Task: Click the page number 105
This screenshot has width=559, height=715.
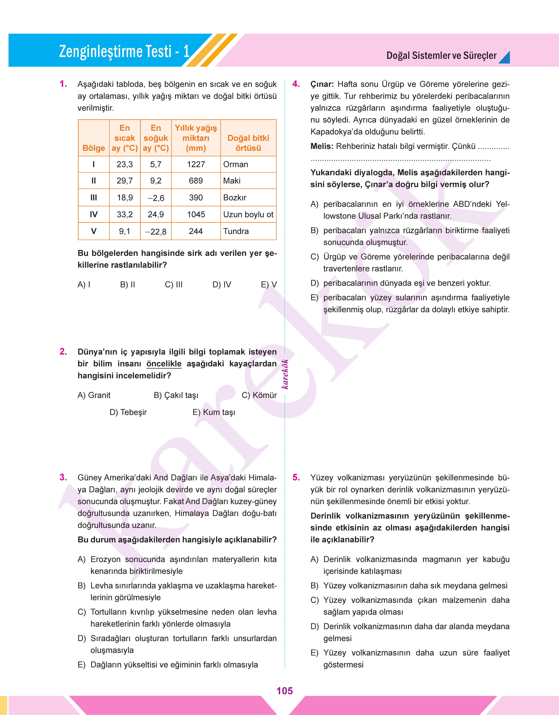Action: tap(284, 691)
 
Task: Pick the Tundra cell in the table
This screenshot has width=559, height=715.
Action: tap(236, 231)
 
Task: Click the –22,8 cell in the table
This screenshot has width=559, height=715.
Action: tap(156, 232)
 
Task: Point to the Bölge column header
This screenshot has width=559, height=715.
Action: tap(94, 148)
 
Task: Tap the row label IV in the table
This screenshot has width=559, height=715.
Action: tap(94, 214)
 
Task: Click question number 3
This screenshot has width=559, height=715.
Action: tap(63, 478)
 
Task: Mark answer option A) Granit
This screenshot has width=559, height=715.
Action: tap(94, 395)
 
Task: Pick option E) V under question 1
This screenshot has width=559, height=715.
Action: tap(269, 285)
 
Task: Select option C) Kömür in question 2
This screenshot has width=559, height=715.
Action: tap(259, 395)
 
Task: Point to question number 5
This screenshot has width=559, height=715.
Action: tap(296, 478)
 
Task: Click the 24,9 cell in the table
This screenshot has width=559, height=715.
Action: tap(156, 214)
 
